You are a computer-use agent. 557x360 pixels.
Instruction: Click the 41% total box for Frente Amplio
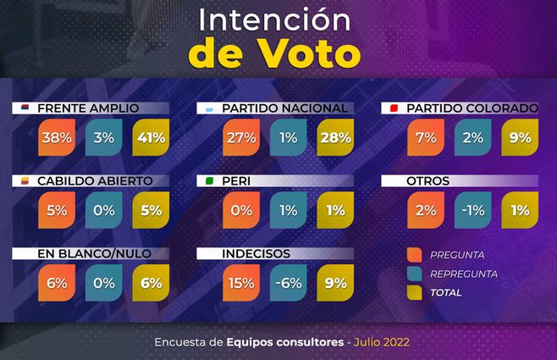click(151, 137)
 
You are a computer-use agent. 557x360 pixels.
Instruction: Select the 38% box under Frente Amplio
click(57, 137)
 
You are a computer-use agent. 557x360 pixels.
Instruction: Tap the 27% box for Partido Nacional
click(240, 137)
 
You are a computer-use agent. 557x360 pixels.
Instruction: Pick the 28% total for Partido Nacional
click(334, 137)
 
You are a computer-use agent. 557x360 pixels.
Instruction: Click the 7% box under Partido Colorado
click(425, 137)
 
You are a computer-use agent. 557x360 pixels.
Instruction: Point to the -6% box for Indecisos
click(288, 283)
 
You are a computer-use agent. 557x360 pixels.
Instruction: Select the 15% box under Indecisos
click(240, 283)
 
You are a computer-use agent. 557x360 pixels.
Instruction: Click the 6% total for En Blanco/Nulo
click(151, 283)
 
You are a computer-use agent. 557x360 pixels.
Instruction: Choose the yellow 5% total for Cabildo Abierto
click(151, 210)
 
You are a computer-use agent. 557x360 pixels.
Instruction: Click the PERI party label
click(235, 181)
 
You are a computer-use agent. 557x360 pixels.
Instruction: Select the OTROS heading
click(427, 181)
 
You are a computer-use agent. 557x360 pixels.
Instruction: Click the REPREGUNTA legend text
click(463, 274)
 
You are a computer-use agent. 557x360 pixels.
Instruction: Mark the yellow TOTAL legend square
click(415, 292)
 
